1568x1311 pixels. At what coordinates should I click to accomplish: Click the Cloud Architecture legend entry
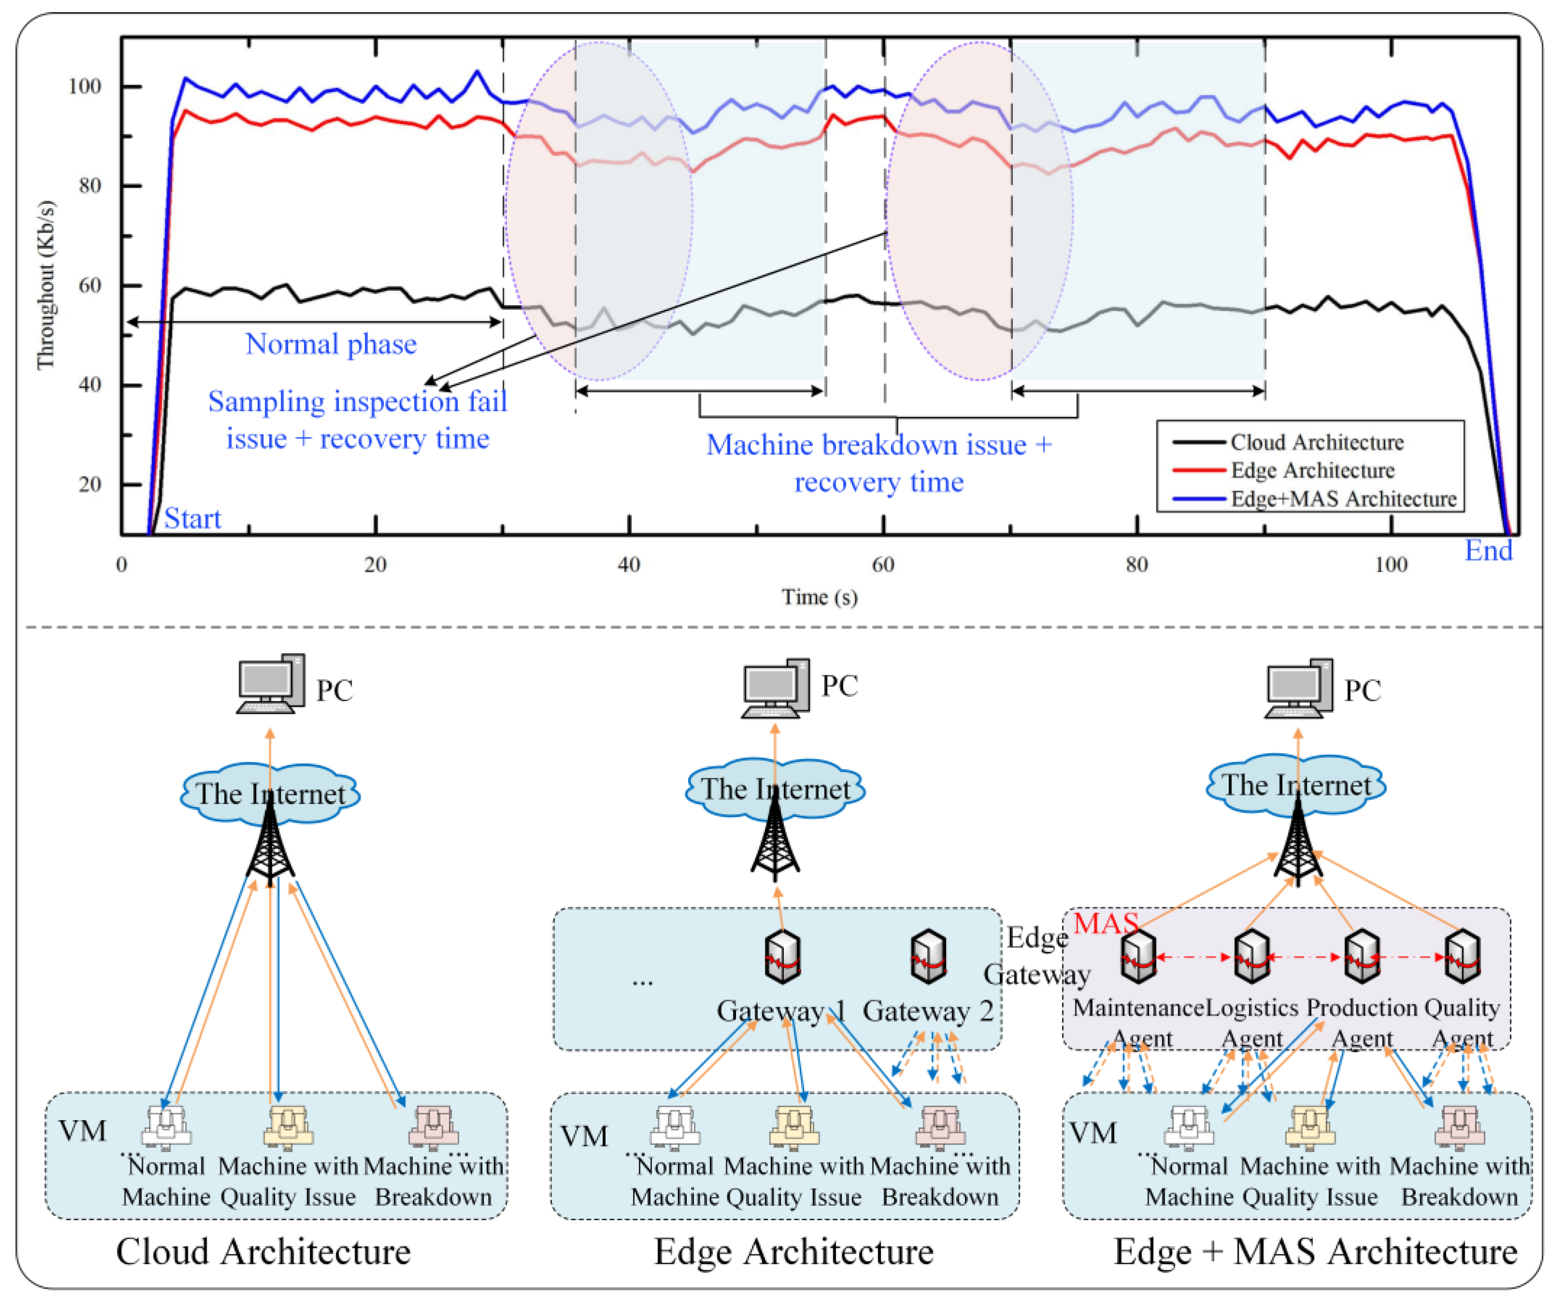[x=1316, y=443]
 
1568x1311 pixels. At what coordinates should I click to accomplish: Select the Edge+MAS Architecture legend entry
[x=1342, y=499]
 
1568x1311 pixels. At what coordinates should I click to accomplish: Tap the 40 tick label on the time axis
[x=629, y=564]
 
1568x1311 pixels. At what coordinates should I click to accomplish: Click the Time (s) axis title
[x=819, y=597]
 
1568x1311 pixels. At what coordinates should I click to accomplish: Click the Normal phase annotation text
[x=331, y=344]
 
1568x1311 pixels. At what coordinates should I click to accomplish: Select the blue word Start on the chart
[x=193, y=518]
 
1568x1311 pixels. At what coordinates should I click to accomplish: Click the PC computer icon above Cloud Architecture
[x=270, y=685]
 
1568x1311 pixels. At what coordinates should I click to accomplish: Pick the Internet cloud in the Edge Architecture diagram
[x=775, y=789]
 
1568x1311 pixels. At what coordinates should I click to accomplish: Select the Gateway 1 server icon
[x=782, y=956]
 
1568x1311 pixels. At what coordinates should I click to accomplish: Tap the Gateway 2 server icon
[x=928, y=956]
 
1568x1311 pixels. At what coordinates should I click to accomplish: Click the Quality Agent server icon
[x=1462, y=956]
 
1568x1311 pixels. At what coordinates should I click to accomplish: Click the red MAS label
[x=1105, y=924]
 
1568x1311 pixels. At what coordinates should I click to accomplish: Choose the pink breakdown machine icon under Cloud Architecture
[x=434, y=1126]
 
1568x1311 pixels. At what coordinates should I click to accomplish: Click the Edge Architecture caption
[x=794, y=1252]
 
